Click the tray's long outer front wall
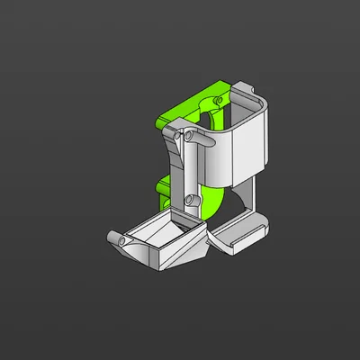pyautogui.click(x=176, y=256)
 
